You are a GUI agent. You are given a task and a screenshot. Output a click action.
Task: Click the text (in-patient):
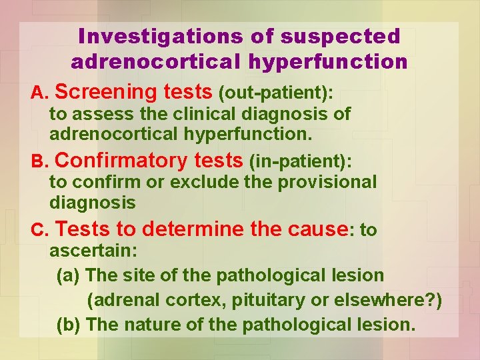tap(299, 162)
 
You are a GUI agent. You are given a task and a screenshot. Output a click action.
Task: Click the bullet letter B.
tap(39, 162)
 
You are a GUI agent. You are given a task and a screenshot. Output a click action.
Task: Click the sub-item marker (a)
tap(69, 275)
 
